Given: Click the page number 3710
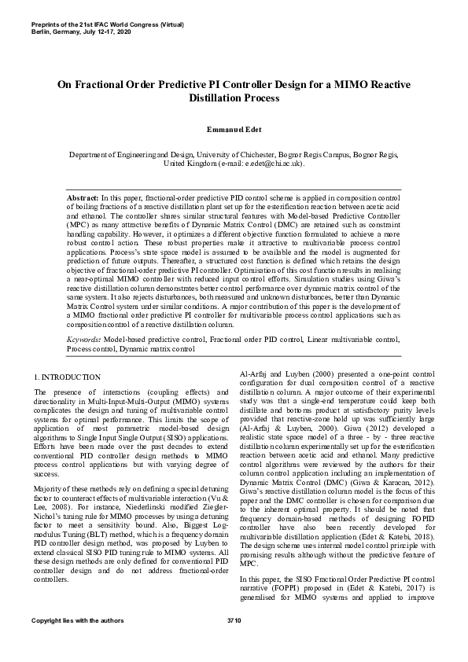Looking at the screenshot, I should [x=234, y=643].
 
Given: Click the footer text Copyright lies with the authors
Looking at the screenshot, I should [x=77, y=643].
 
